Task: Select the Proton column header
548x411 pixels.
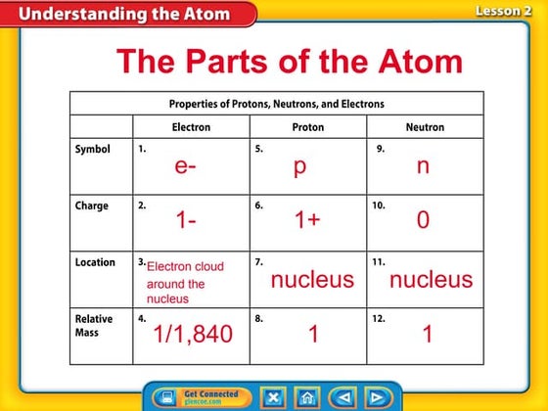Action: (x=308, y=127)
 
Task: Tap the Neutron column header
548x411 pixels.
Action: (x=425, y=127)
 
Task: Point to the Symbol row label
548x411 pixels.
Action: (x=93, y=151)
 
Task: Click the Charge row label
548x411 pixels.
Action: (x=92, y=206)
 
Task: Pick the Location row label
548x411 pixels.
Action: (x=96, y=262)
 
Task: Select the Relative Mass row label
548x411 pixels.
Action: (x=94, y=325)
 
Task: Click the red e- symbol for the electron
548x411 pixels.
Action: (x=187, y=166)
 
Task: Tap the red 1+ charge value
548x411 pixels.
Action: (x=307, y=220)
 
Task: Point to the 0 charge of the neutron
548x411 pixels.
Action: (x=423, y=220)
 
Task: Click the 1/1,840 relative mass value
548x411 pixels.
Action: (x=193, y=335)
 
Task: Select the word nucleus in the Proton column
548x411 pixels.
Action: (x=312, y=280)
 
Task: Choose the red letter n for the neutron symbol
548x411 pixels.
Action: (x=423, y=166)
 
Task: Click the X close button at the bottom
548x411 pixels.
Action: (x=274, y=398)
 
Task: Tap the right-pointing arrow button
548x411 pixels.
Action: (x=376, y=398)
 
